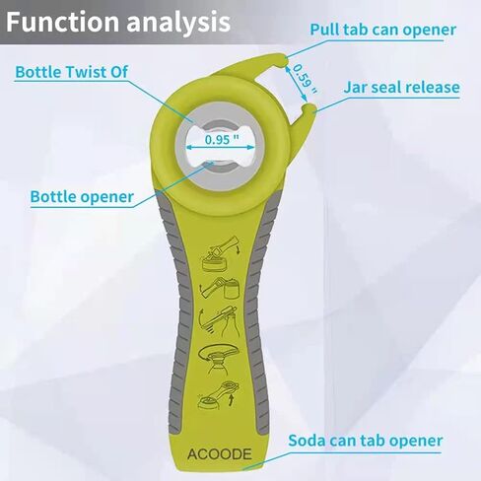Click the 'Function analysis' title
pos(118,22)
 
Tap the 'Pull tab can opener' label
pos(383,30)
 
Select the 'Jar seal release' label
pos(401,87)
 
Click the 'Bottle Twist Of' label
pos(72,72)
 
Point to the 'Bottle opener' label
pos(82,197)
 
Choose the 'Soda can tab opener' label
pos(366,441)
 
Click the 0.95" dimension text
pos(222,139)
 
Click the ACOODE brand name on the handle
pos(220,454)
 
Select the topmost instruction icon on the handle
pos(220,253)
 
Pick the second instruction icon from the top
pos(220,288)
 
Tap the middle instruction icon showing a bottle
pos(219,321)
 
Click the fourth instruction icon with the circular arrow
pos(219,359)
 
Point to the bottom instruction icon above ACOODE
pos(219,395)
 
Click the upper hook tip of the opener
pos(282,60)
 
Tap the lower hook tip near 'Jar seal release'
pos(309,109)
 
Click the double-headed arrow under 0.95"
pos(220,148)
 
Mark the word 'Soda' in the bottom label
pos(307,441)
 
